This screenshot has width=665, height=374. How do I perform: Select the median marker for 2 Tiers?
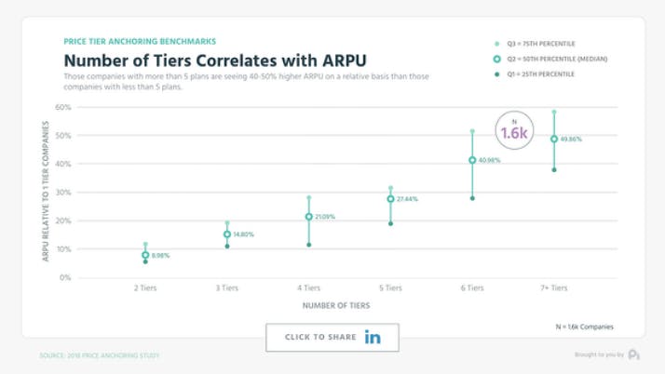pos(145,255)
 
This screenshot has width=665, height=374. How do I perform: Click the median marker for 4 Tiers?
pos(308,217)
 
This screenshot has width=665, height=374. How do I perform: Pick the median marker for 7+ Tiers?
pos(554,140)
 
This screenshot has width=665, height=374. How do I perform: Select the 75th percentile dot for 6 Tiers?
pos(472,131)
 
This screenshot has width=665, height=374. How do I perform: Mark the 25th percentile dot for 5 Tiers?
pos(390,223)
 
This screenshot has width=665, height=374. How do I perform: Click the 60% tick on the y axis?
pos(64,107)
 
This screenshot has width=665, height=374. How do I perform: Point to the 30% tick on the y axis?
pos(64,193)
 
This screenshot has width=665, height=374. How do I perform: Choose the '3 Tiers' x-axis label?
pos(227,288)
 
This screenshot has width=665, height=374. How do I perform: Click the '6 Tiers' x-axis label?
pos(472,288)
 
